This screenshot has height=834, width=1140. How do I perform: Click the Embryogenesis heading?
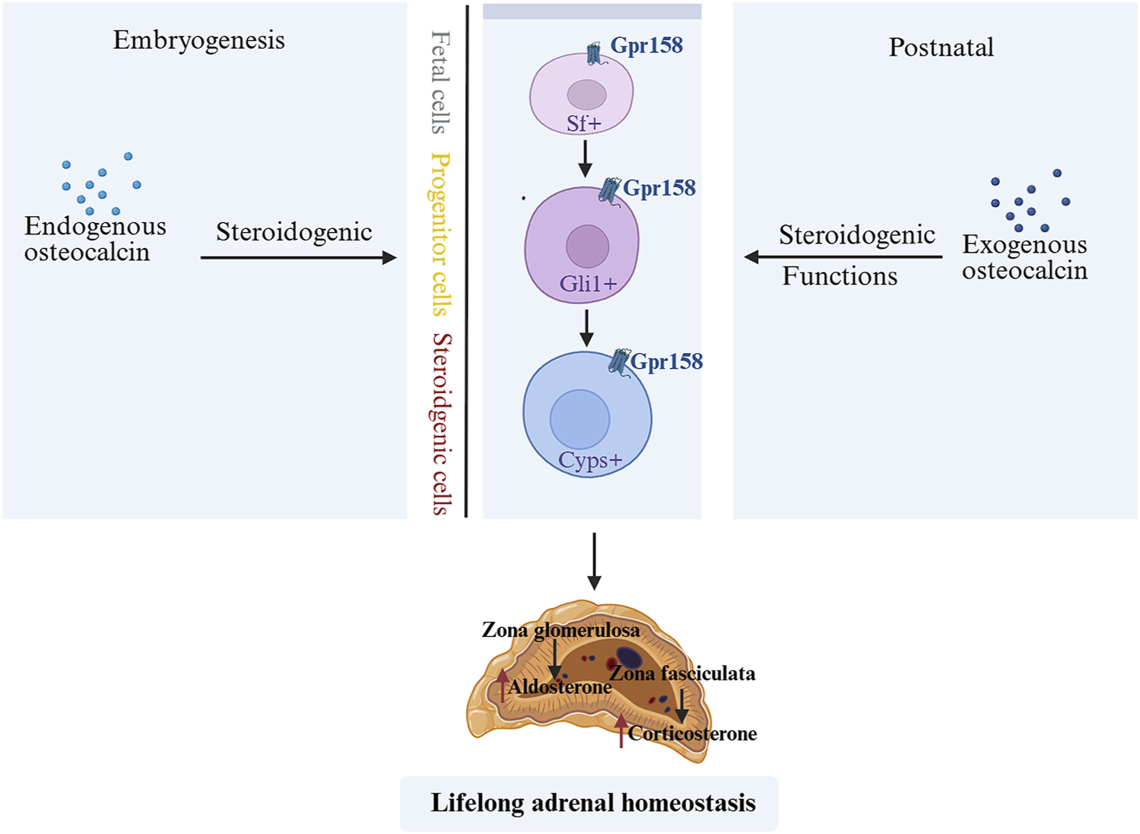pyautogui.click(x=198, y=40)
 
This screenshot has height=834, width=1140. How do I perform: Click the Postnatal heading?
pyautogui.click(x=941, y=48)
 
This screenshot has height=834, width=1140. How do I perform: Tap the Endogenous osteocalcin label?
pyautogui.click(x=94, y=239)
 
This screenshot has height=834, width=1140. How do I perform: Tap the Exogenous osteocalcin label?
pyautogui.click(x=1024, y=257)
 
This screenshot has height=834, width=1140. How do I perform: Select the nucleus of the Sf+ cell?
pyautogui.click(x=586, y=95)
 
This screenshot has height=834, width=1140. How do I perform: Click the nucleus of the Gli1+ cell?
pyautogui.click(x=587, y=246)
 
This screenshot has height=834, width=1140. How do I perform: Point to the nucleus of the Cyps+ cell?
pyautogui.click(x=580, y=419)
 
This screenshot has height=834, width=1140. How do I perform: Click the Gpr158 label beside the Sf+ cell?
pyautogui.click(x=646, y=46)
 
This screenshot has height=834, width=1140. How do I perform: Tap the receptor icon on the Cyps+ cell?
pyautogui.click(x=619, y=361)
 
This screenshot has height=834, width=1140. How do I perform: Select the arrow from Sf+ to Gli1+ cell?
pyautogui.click(x=585, y=158)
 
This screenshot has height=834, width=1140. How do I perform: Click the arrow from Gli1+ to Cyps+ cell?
pyautogui.click(x=586, y=327)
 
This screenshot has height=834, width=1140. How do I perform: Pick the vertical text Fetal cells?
pyautogui.click(x=440, y=82)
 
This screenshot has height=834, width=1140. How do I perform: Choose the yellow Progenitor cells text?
pyautogui.click(x=440, y=234)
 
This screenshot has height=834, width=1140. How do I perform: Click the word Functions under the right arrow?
pyautogui.click(x=840, y=276)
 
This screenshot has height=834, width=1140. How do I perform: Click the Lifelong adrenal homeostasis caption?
pyautogui.click(x=592, y=803)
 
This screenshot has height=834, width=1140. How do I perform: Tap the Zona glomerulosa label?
pyautogui.click(x=560, y=630)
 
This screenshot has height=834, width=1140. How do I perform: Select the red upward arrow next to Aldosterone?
pyautogui.click(x=502, y=684)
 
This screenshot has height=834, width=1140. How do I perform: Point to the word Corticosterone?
pyautogui.click(x=692, y=734)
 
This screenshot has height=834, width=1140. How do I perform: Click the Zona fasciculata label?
pyautogui.click(x=682, y=673)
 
